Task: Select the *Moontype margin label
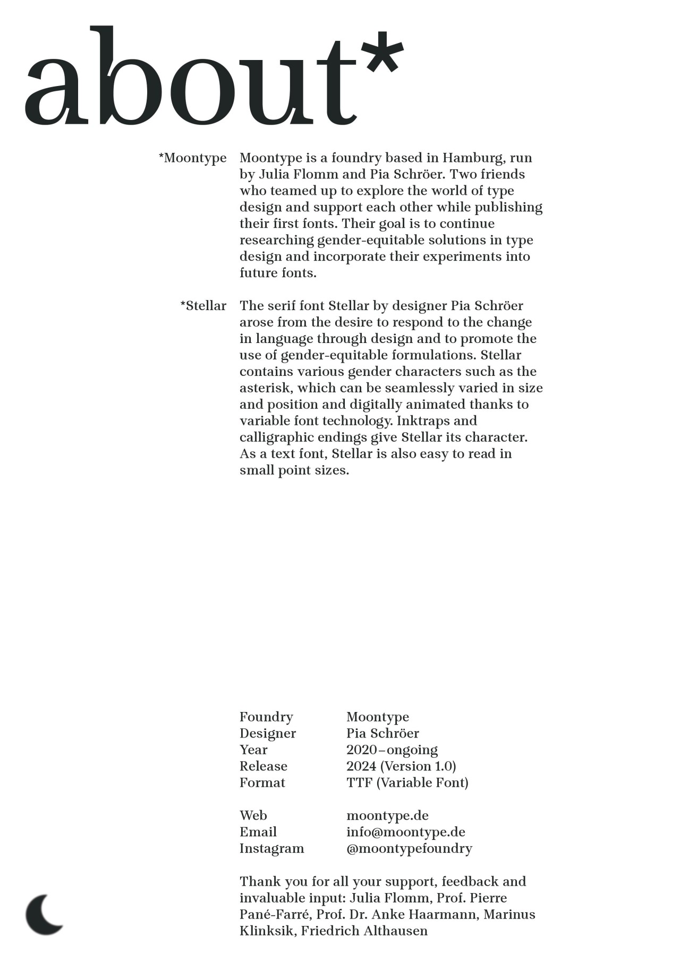coord(193,158)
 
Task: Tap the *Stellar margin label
coord(203,306)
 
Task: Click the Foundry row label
coord(266,717)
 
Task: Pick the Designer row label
coord(268,734)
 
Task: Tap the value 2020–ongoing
coord(392,750)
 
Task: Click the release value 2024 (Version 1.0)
coord(401,767)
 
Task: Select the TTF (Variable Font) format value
coord(407,783)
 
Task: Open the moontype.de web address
coord(387,816)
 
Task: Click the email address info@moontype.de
coord(406,833)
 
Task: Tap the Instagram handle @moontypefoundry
coord(409,849)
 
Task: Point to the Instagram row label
coord(272,849)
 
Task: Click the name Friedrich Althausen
coord(364,931)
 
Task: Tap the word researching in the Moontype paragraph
coord(277,241)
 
